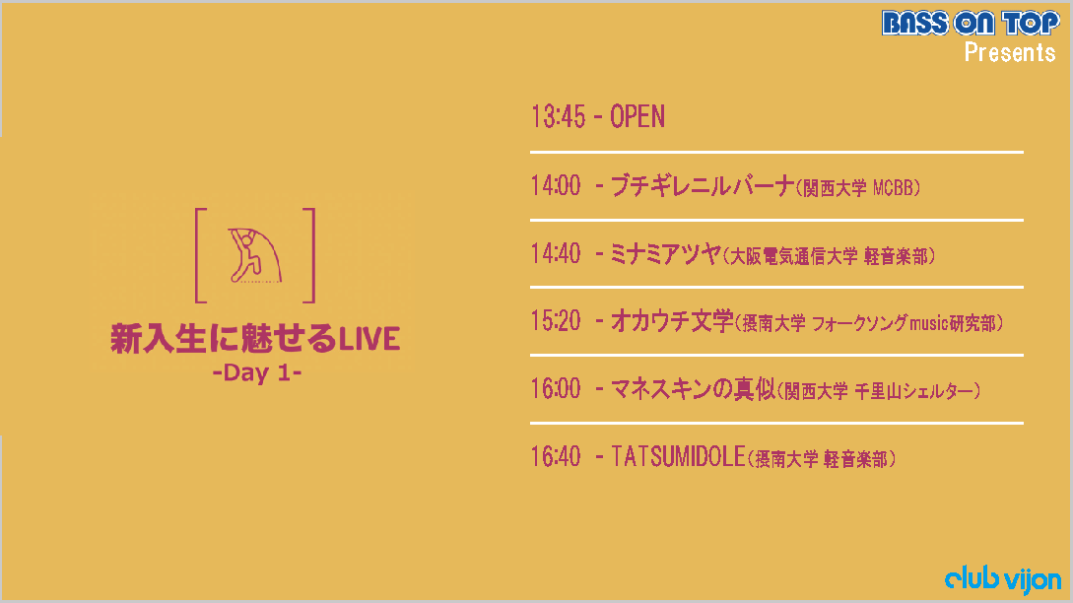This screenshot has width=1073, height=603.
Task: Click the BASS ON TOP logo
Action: click(971, 23)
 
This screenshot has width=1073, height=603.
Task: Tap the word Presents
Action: click(1010, 52)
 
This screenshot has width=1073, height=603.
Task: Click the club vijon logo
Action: click(1003, 579)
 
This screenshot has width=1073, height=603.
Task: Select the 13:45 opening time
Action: click(559, 116)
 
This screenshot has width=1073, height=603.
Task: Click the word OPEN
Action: click(637, 116)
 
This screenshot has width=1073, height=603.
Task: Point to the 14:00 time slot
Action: click(556, 185)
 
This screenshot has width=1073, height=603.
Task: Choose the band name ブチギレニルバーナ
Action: click(703, 185)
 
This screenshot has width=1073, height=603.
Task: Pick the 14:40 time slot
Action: click(556, 254)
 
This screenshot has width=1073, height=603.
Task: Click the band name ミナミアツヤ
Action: click(665, 254)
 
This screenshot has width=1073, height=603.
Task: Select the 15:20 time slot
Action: click(556, 320)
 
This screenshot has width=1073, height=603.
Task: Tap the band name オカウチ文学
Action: click(671, 320)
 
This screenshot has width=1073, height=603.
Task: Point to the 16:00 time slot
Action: click(556, 389)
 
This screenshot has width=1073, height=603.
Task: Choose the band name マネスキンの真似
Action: click(693, 389)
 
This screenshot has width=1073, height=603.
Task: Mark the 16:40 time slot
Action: click(556, 456)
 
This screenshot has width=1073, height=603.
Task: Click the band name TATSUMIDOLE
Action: click(678, 456)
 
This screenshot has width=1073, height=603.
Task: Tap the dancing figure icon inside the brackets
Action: click(255, 254)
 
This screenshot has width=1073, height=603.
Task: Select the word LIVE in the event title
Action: click(369, 340)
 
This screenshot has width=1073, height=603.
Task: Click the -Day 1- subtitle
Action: click(257, 373)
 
